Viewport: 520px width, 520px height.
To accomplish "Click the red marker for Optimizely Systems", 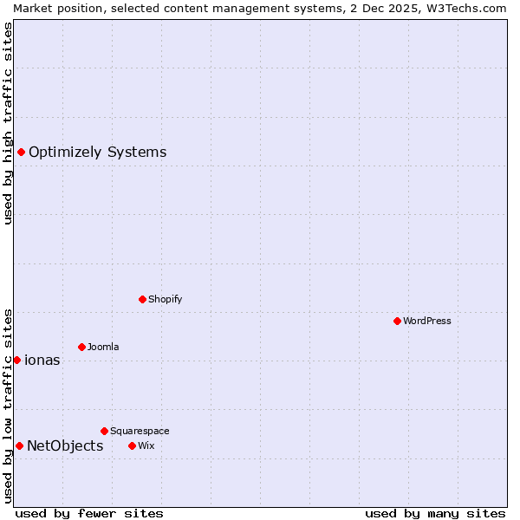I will [x=21, y=153].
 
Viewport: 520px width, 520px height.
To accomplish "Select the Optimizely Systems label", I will [x=97, y=153].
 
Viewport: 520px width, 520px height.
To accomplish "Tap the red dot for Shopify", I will [x=142, y=299].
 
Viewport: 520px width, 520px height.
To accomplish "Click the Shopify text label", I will [x=165, y=299].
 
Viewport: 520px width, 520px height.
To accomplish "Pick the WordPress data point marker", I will [x=397, y=321].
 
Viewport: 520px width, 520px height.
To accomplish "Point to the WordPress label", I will [x=426, y=321].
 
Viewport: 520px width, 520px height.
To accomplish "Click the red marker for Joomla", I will [x=81, y=347].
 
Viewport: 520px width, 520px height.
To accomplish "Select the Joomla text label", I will [x=103, y=347].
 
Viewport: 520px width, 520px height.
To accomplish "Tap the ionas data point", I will [x=16, y=360].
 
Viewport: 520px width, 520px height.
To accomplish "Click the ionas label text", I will [x=42, y=361].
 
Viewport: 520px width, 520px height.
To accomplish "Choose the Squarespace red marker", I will [x=104, y=431].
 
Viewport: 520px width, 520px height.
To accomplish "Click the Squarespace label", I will [x=140, y=431].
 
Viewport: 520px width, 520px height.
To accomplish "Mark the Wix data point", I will [x=132, y=445].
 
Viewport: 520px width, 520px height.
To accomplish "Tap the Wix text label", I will [x=146, y=445].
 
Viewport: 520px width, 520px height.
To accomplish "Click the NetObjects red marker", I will [x=19, y=445].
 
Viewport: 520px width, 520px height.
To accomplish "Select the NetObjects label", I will [x=65, y=446].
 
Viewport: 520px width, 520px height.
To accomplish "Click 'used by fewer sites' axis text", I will [x=89, y=513].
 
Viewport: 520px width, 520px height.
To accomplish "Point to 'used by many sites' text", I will [x=435, y=513].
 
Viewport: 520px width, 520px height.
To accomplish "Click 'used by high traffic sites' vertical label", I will [x=8, y=123].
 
